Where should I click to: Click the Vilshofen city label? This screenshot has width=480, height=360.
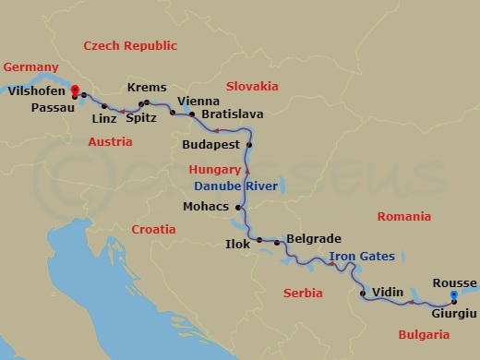[36, 91]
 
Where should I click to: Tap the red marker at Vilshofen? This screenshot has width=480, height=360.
[74, 90]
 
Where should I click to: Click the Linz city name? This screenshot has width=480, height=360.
[106, 119]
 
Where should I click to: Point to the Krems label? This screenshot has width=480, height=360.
[147, 87]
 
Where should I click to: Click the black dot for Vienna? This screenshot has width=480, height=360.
[173, 113]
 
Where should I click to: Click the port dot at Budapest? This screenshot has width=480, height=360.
[249, 146]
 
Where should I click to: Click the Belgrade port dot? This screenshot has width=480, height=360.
[277, 242]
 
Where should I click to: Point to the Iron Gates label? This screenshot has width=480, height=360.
[362, 257]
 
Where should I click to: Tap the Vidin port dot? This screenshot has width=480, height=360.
[363, 295]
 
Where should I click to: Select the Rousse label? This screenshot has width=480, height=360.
[454, 282]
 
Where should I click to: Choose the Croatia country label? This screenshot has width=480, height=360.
[152, 229]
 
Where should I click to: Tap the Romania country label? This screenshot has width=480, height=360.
[404, 216]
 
